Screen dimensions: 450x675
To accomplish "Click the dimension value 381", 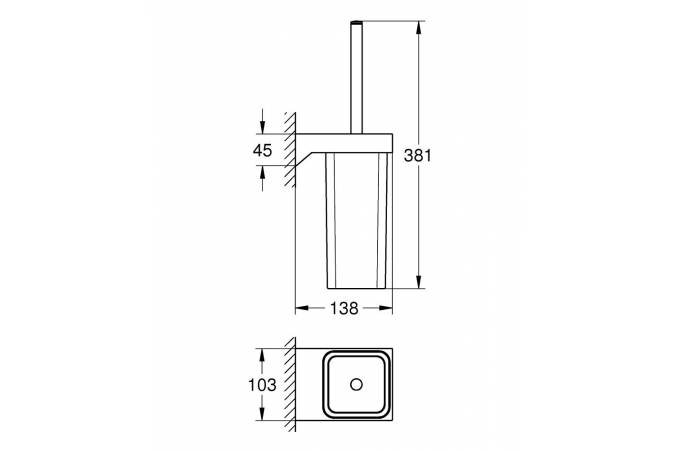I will [x=419, y=155].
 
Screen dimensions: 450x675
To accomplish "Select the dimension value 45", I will [x=262, y=151].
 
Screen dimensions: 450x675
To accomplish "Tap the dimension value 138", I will [x=343, y=310].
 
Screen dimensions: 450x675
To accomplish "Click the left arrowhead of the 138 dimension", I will [x=301, y=310].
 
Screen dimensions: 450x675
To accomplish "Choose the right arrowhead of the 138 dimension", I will [x=387, y=310].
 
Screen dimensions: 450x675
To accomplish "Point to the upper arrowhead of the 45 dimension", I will [x=262, y=127].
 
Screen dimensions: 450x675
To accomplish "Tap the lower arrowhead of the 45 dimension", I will [x=262, y=173].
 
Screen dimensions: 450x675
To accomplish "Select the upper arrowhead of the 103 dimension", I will [x=263, y=354].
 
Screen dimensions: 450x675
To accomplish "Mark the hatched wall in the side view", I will [x=290, y=150].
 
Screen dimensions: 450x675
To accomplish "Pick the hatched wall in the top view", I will [x=290, y=385].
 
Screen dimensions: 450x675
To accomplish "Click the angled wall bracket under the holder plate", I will [x=310, y=157].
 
